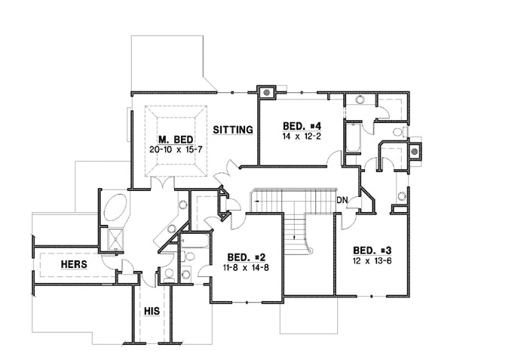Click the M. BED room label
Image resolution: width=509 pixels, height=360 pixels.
tap(176, 140)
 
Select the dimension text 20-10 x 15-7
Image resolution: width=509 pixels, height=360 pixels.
tap(176, 150)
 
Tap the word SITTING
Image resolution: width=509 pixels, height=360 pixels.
tap(232, 130)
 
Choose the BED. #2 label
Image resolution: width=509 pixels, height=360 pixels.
tap(242, 257)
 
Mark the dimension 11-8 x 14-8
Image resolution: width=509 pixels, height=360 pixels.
tap(242, 268)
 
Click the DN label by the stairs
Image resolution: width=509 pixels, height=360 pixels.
tap(342, 200)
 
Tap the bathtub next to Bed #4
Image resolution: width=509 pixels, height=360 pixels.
tap(353, 139)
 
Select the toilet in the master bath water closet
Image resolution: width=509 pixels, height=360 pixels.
tap(170, 274)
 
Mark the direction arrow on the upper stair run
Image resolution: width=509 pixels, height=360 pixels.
tap(260, 202)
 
